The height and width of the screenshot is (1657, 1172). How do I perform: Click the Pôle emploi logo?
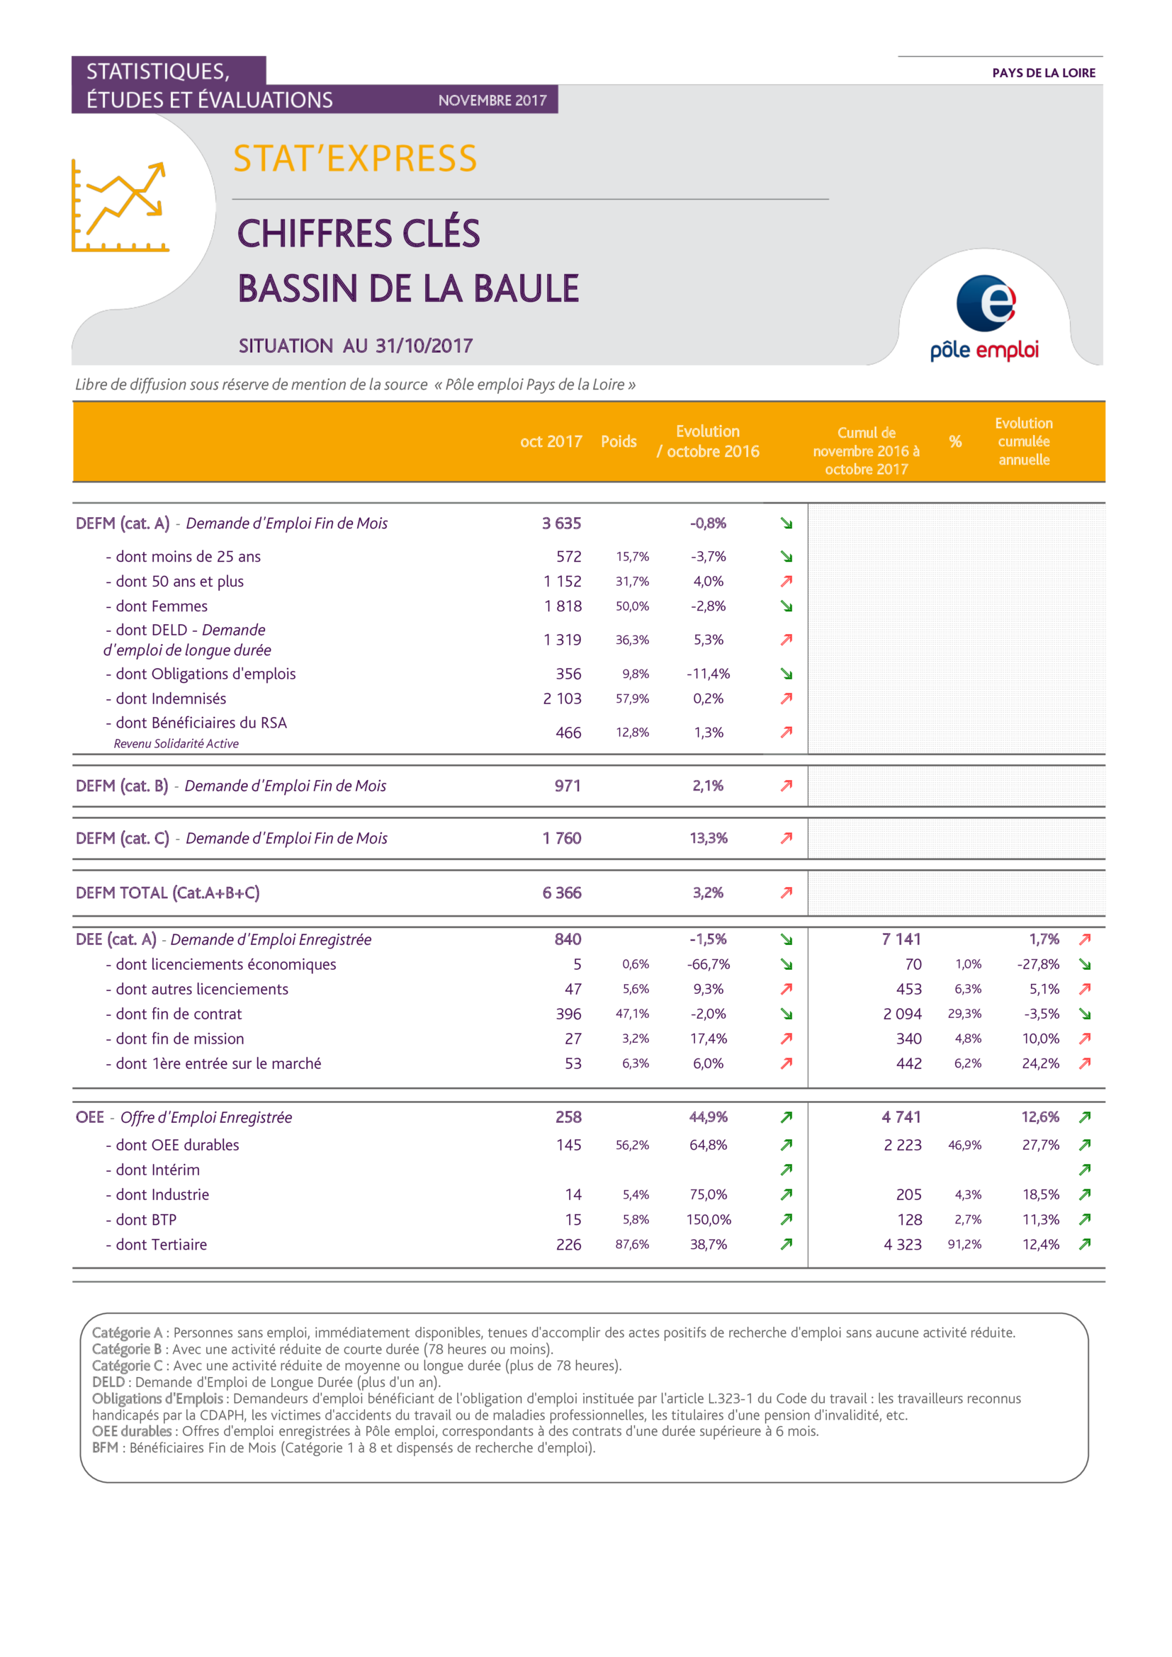[984, 317]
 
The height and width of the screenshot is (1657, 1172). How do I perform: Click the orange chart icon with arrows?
[120, 205]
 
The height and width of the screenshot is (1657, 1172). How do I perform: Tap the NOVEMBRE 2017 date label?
[492, 101]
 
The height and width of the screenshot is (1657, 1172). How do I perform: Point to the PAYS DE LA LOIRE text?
[1044, 73]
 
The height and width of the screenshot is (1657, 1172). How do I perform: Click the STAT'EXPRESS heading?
[355, 159]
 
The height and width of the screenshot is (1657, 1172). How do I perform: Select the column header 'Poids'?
[619, 441]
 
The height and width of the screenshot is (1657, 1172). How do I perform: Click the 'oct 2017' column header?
[551, 441]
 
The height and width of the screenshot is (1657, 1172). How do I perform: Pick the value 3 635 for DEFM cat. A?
[561, 524]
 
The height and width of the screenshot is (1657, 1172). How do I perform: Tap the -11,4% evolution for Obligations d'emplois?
[708, 673]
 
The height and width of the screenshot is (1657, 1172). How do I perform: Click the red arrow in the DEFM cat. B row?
[787, 785]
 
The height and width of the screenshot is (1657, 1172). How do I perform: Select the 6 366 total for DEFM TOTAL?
[561, 893]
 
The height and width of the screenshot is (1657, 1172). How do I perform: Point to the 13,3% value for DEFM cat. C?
[708, 838]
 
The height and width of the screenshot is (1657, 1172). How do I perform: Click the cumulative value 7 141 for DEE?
[901, 939]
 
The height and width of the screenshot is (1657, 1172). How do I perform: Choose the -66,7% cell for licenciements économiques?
[708, 964]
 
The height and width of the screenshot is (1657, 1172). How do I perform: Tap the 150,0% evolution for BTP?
[708, 1220]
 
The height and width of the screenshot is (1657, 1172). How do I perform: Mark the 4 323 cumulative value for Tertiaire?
[903, 1244]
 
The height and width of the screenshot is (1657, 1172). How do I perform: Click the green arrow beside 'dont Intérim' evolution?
[787, 1169]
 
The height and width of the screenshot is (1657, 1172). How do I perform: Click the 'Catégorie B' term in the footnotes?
[126, 1350]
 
